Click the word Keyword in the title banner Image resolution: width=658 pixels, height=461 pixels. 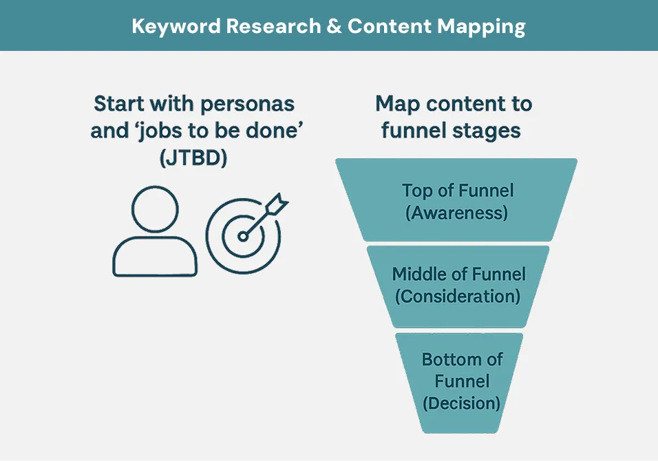(x=176, y=27)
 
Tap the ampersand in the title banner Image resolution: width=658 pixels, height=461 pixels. (x=334, y=26)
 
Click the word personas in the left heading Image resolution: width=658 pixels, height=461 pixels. (x=247, y=105)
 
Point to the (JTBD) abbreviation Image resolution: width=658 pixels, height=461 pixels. (x=193, y=158)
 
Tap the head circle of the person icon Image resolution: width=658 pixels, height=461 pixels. (x=155, y=209)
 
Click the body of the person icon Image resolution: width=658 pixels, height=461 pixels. (x=155, y=256)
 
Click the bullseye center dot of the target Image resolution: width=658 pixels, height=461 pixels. (x=242, y=237)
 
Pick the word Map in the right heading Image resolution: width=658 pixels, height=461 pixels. (x=397, y=104)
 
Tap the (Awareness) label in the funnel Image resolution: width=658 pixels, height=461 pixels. (x=456, y=212)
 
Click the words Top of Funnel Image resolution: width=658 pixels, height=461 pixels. (x=458, y=191)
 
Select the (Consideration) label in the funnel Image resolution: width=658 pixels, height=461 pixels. (x=458, y=296)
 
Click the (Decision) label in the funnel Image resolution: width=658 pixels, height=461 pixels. (x=461, y=403)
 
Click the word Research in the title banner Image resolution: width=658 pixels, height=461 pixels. (x=274, y=26)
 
